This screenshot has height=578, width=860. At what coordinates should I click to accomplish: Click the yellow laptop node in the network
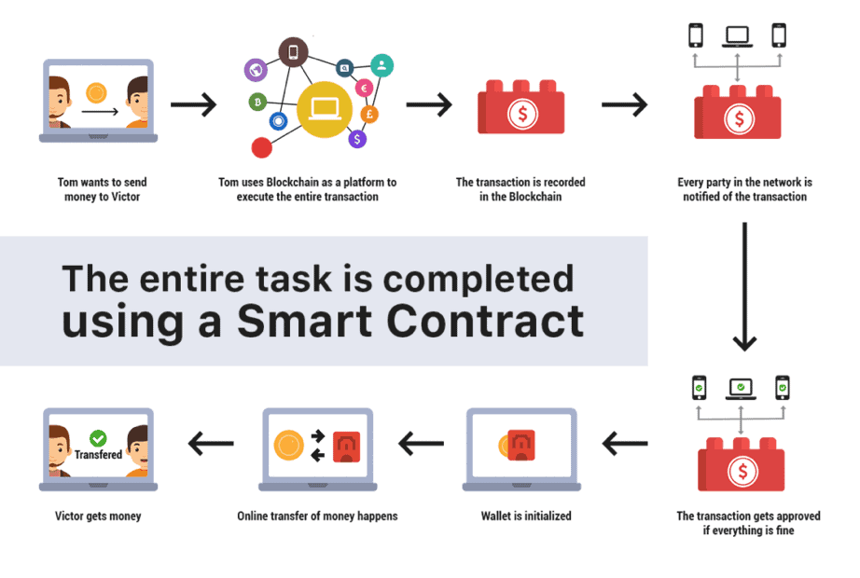pyautogui.click(x=325, y=109)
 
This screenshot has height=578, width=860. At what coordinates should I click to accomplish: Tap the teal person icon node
pyautogui.click(x=381, y=66)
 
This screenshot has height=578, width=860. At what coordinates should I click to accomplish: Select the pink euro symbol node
pyautogui.click(x=364, y=88)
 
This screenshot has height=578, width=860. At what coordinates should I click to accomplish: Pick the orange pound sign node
pyautogui.click(x=369, y=114)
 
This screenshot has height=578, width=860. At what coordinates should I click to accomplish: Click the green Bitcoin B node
pyautogui.click(x=257, y=102)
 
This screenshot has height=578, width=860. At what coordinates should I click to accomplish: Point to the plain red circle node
pyautogui.click(x=261, y=147)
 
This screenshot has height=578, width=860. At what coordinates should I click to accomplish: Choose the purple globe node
pyautogui.click(x=256, y=70)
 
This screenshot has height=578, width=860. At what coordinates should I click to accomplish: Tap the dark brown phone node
pyautogui.click(x=294, y=52)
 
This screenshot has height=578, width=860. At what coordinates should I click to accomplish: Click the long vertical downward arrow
pyautogui.click(x=744, y=286)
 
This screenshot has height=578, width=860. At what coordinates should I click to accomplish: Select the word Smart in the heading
pyautogui.click(x=304, y=321)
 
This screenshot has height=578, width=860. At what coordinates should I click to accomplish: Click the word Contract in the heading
pyautogui.click(x=485, y=321)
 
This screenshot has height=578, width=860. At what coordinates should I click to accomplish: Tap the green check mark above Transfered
pyautogui.click(x=98, y=438)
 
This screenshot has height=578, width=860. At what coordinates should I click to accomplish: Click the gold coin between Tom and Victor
pyautogui.click(x=96, y=92)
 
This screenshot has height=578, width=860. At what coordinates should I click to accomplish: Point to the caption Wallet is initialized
pyautogui.click(x=526, y=516)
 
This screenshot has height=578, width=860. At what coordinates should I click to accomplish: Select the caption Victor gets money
pyautogui.click(x=98, y=516)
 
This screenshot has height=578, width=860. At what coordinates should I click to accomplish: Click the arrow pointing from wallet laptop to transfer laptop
pyautogui.click(x=422, y=444)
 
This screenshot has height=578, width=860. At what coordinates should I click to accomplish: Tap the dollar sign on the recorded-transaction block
pyautogui.click(x=522, y=114)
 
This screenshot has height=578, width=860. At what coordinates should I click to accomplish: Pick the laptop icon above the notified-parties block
pyautogui.click(x=737, y=36)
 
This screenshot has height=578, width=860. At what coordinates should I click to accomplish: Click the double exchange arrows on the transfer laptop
pyautogui.click(x=317, y=446)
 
